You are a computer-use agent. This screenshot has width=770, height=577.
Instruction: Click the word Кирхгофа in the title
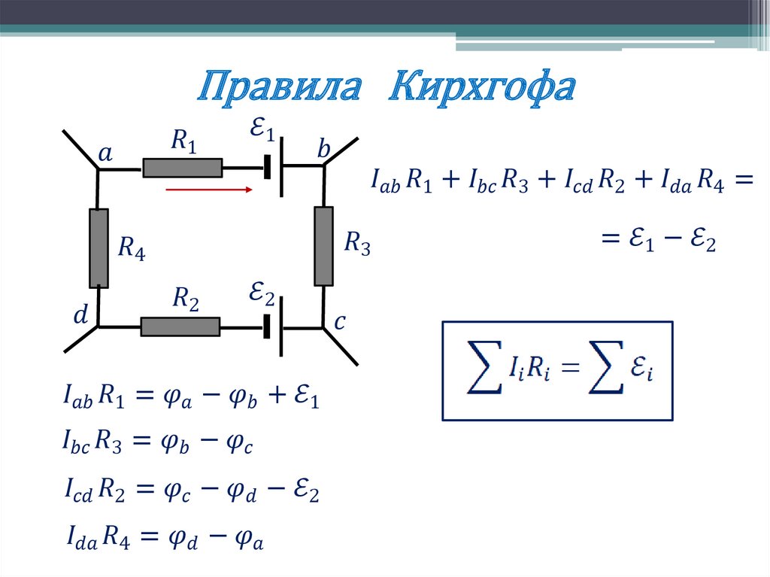(x=482, y=89)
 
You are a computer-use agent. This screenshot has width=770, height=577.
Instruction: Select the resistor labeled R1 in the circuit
(x=183, y=167)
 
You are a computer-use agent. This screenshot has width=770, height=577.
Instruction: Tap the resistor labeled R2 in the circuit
(x=180, y=326)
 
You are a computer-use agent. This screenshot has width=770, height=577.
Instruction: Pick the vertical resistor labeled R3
(x=323, y=246)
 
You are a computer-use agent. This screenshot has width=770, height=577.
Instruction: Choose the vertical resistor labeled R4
(x=99, y=248)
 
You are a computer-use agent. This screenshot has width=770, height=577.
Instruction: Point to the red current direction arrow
(x=208, y=190)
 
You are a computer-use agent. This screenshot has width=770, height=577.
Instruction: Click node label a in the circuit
(x=106, y=154)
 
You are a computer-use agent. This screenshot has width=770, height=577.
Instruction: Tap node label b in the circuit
(x=323, y=151)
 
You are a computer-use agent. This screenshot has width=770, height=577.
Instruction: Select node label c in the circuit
(x=339, y=323)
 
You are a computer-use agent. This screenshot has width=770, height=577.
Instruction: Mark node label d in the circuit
(x=80, y=317)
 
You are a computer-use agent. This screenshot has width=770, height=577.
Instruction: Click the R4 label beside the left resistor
(x=132, y=248)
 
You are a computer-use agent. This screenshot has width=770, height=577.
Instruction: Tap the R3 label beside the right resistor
(x=357, y=244)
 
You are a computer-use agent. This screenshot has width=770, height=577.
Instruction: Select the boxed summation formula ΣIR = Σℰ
(x=557, y=369)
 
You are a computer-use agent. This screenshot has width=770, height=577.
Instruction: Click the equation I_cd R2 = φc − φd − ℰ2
(x=192, y=492)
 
